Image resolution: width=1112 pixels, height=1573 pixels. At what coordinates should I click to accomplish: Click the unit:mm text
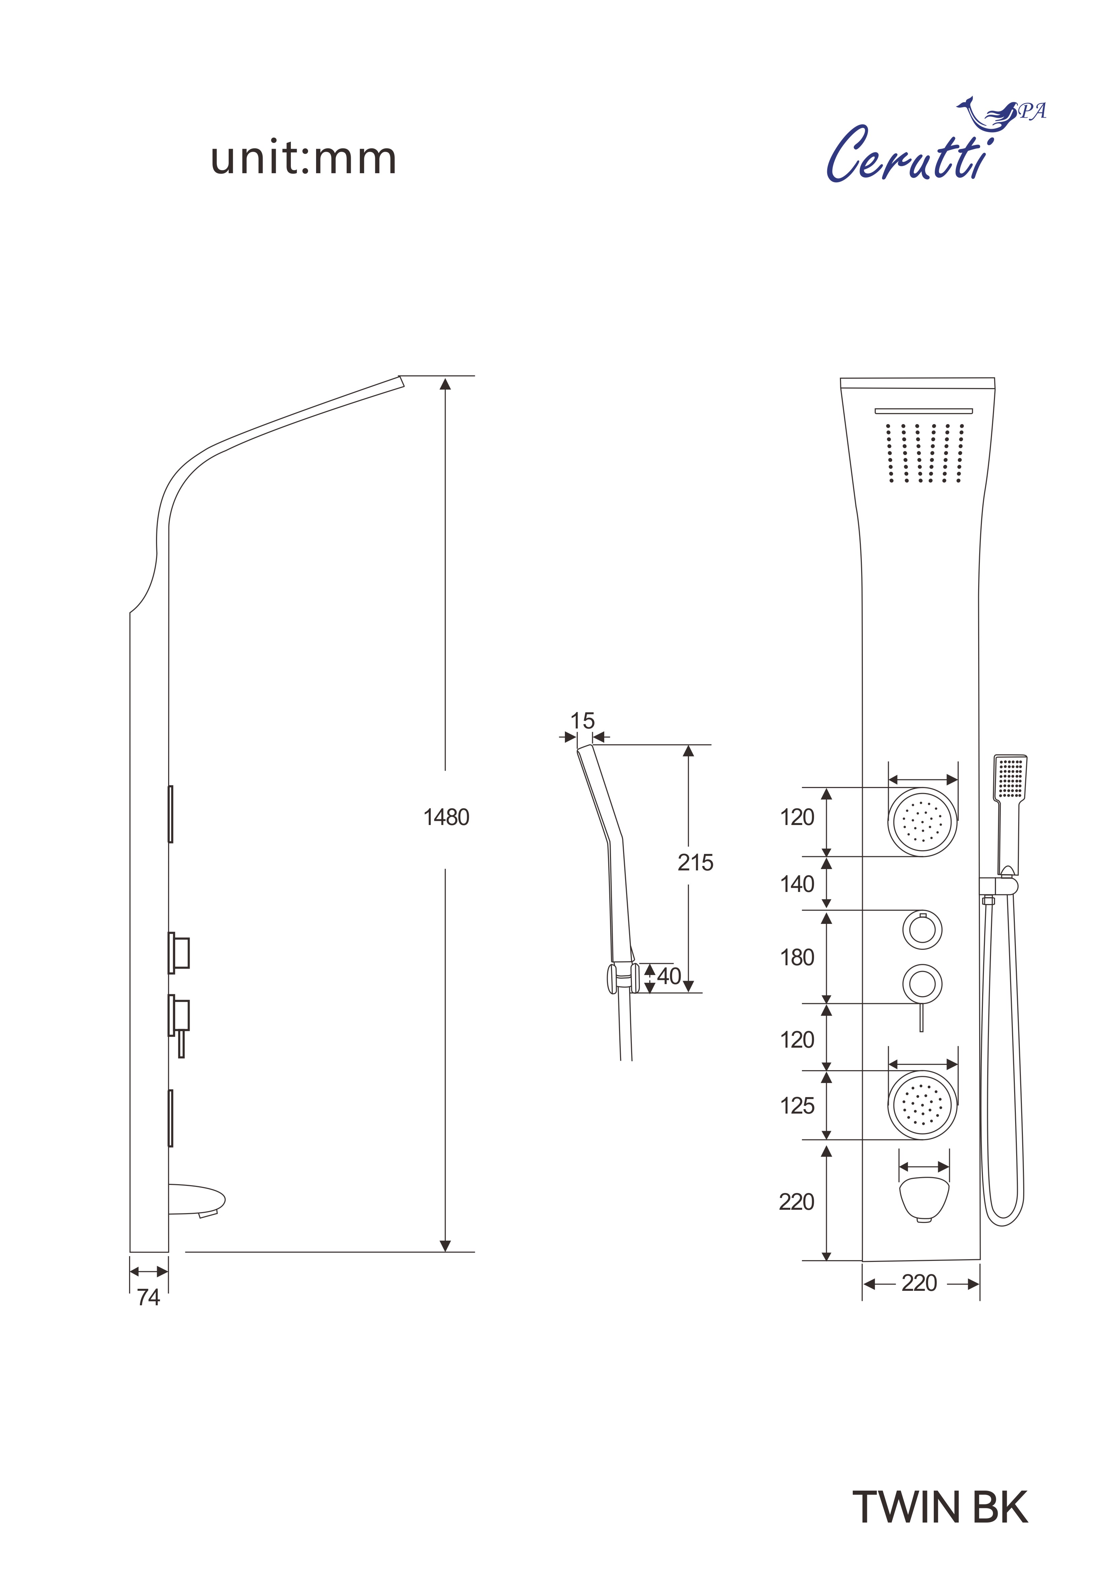[304, 159]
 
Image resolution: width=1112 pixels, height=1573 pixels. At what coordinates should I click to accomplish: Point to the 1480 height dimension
[446, 817]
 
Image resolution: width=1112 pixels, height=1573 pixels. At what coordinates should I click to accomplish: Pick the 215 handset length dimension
[695, 863]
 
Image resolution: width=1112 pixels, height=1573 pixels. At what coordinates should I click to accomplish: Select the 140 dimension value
[797, 884]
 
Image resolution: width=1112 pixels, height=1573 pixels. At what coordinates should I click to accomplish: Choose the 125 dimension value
[797, 1106]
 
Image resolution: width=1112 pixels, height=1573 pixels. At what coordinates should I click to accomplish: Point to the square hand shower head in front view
[1010, 778]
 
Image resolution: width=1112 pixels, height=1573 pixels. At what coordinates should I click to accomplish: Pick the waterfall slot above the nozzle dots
[924, 411]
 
